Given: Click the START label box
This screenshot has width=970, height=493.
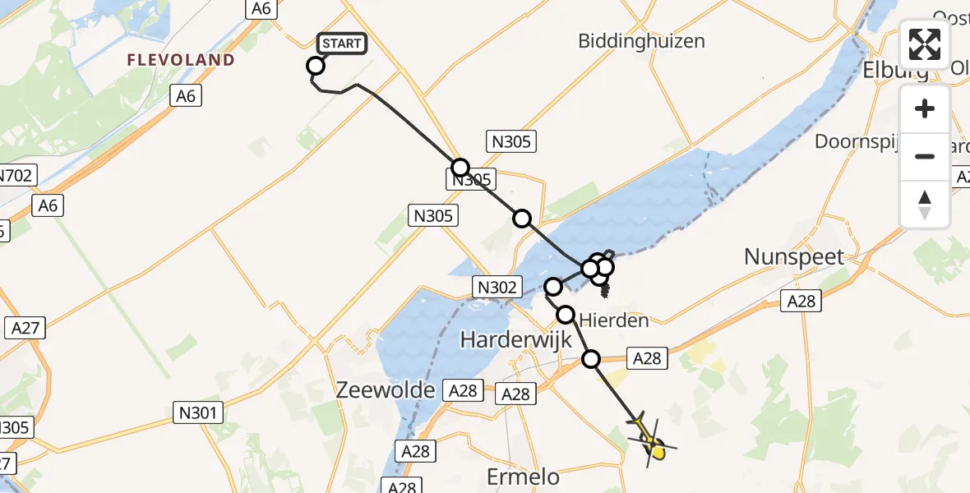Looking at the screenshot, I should point(340,44).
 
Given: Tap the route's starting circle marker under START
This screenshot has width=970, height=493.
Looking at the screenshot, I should point(316,66).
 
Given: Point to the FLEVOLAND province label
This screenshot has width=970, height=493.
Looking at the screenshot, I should point(181,60).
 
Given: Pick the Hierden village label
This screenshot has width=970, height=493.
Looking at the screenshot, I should point(614,320).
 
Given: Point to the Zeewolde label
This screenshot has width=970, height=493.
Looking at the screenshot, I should point(386,390).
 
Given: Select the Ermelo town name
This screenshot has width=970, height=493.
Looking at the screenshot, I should point(524,477).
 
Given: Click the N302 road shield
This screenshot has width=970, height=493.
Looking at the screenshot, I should point(497,287).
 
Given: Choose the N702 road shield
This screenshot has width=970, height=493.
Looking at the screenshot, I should point(14,175).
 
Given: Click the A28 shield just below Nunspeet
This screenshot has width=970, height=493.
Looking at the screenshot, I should point(801,302).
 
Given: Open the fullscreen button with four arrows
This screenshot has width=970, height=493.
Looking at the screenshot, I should point(925,44).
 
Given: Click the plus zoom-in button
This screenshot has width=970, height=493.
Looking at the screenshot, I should point(925,109).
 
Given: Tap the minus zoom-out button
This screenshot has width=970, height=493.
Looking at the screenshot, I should point(925,156).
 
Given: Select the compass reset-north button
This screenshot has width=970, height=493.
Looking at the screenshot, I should point(925,204).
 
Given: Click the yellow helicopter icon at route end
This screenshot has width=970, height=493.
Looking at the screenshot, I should point(653,445).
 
